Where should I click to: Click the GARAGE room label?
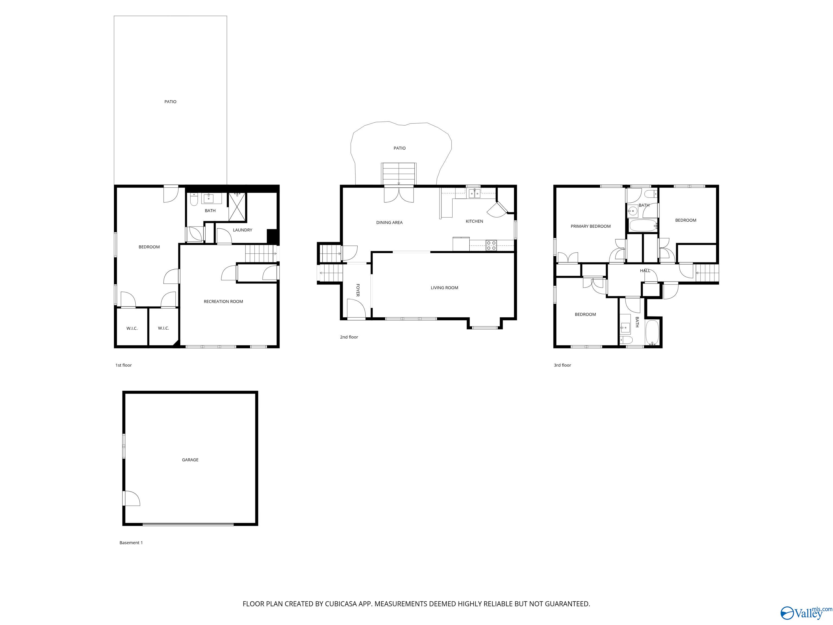pyautogui.click(x=190, y=460)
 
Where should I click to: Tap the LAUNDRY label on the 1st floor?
pyautogui.click(x=242, y=230)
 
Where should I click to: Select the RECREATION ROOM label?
pyautogui.click(x=223, y=301)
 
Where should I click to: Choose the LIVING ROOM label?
pyautogui.click(x=444, y=288)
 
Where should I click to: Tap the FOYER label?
pyautogui.click(x=358, y=290)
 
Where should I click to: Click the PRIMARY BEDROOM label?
pyautogui.click(x=591, y=226)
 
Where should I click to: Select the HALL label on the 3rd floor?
pyautogui.click(x=645, y=270)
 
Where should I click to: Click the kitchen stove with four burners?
pyautogui.click(x=491, y=245)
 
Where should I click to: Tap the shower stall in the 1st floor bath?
pyautogui.click(x=237, y=206)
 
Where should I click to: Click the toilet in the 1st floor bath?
pyautogui.click(x=194, y=200)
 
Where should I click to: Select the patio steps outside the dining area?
pyautogui.click(x=399, y=174)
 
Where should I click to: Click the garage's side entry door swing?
pyautogui.click(x=132, y=498)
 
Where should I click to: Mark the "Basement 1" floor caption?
pyautogui.click(x=131, y=543)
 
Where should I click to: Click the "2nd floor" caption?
pyautogui.click(x=349, y=337)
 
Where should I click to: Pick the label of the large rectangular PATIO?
pyautogui.click(x=170, y=101)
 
